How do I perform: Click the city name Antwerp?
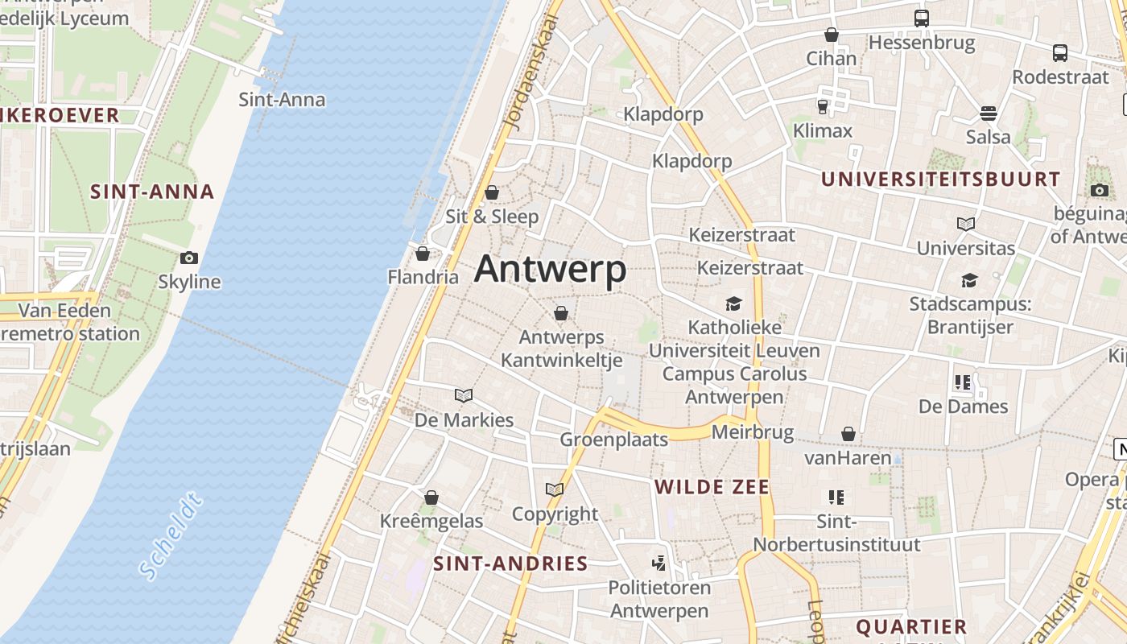click(550, 269)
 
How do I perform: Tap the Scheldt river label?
click(170, 537)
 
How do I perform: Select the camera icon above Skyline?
click(189, 258)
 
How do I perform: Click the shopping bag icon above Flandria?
click(423, 254)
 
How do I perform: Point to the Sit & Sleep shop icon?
click(492, 192)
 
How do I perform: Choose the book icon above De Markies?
click(464, 395)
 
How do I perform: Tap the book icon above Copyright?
click(555, 489)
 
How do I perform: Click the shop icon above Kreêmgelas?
click(431, 497)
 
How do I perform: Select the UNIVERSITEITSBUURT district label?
click(940, 180)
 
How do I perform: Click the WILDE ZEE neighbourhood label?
click(712, 487)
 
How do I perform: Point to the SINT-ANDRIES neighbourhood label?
click(510, 563)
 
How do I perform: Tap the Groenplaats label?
click(613, 440)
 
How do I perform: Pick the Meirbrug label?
click(752, 433)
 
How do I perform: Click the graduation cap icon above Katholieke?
click(733, 303)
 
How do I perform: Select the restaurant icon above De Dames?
click(963, 382)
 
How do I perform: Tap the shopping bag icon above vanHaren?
click(848, 434)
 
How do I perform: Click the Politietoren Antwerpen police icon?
click(658, 563)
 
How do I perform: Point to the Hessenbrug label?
click(922, 42)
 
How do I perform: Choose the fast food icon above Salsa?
click(989, 113)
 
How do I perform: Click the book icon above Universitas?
click(966, 224)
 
